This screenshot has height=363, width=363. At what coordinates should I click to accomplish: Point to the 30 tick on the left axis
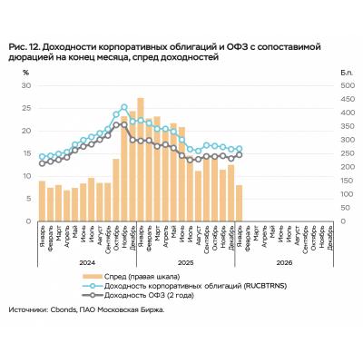(x=26, y=85)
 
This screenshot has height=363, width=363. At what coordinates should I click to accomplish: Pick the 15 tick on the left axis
(x=26, y=153)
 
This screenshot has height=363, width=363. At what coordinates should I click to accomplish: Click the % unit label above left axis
(x=26, y=71)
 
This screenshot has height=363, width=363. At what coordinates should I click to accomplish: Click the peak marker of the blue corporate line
(x=124, y=107)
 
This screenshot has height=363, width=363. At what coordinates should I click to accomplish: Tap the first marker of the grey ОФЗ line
(x=42, y=163)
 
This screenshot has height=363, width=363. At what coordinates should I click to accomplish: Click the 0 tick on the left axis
(x=28, y=221)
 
